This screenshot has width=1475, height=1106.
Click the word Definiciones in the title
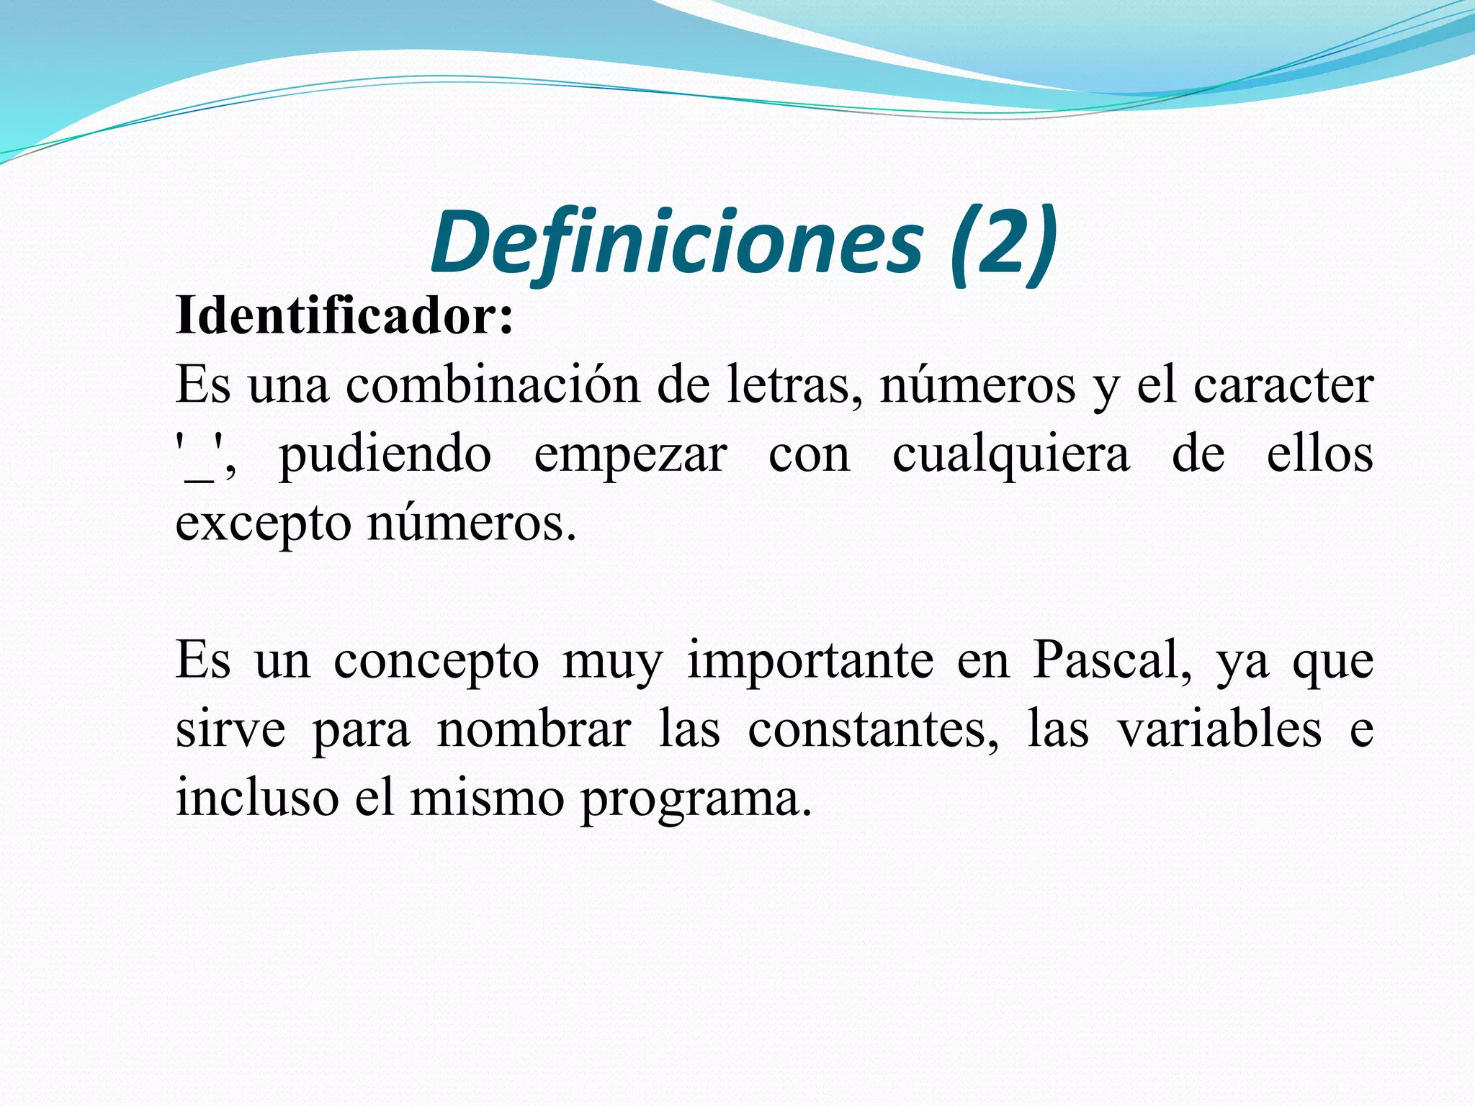[x=677, y=242]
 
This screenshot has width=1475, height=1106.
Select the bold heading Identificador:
[x=345, y=315]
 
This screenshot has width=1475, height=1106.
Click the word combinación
[x=493, y=386]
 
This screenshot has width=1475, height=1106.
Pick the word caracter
[x=1283, y=386]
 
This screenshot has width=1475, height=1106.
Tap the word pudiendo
[x=385, y=455]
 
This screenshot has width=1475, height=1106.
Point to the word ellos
[x=1320, y=455]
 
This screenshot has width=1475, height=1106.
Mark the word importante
[x=811, y=661]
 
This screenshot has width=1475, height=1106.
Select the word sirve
[x=230, y=730]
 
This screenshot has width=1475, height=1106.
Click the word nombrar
[x=534, y=730]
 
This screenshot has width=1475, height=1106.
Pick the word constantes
[x=874, y=730]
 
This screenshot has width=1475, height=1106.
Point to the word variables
[x=1219, y=730]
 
